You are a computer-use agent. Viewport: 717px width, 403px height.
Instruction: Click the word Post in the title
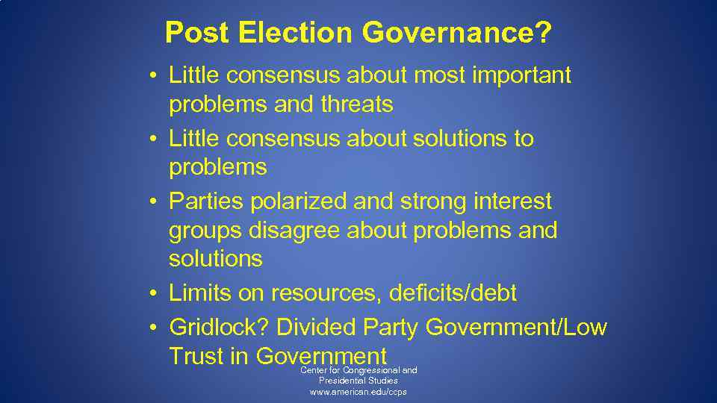pyautogui.click(x=195, y=33)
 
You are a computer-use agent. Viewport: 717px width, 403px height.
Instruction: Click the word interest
pyautogui.click(x=515, y=201)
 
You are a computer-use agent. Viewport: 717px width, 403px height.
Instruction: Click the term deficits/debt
pyautogui.click(x=453, y=293)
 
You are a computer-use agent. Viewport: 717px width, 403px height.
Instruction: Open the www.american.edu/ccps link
pyautogui.click(x=358, y=392)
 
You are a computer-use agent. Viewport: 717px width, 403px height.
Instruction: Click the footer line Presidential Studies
pyautogui.click(x=358, y=381)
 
